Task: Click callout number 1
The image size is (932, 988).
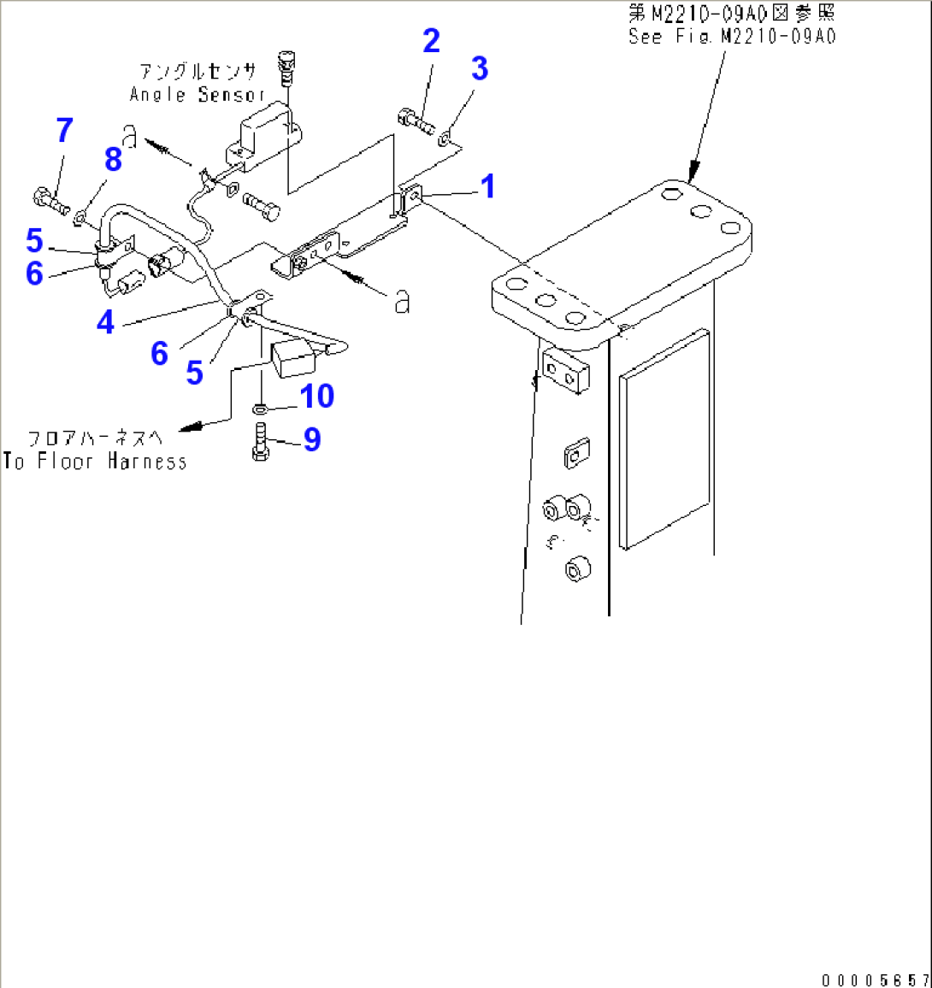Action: tap(487, 185)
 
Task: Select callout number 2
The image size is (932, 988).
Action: tap(431, 40)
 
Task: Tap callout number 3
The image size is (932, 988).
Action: tap(479, 69)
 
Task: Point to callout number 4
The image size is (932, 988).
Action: tap(105, 322)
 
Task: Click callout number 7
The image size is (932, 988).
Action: tap(64, 131)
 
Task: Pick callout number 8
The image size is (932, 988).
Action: tap(113, 159)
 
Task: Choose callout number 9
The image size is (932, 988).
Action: tap(312, 439)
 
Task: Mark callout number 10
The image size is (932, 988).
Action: tap(316, 396)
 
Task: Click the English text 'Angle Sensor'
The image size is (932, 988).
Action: tap(198, 94)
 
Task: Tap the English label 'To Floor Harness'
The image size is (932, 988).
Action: tap(95, 462)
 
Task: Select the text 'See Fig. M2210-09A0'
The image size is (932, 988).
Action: tap(732, 36)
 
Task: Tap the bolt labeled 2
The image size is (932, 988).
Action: tap(416, 121)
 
